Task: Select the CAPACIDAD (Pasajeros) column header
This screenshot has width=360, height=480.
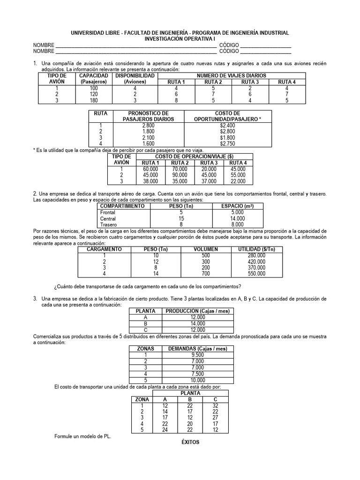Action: coord(94,78)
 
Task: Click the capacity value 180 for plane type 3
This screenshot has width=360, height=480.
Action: coord(94,100)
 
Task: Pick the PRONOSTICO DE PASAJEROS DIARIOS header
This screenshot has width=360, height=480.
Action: coord(149,116)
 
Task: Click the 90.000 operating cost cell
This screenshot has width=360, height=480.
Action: coord(179,175)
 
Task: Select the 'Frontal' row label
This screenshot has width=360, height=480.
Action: coord(108,212)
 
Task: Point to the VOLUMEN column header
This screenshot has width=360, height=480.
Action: coord(206,249)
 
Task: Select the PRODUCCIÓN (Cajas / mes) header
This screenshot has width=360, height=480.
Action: coord(195,311)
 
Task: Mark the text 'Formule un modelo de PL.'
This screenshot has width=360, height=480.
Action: coord(83,436)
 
